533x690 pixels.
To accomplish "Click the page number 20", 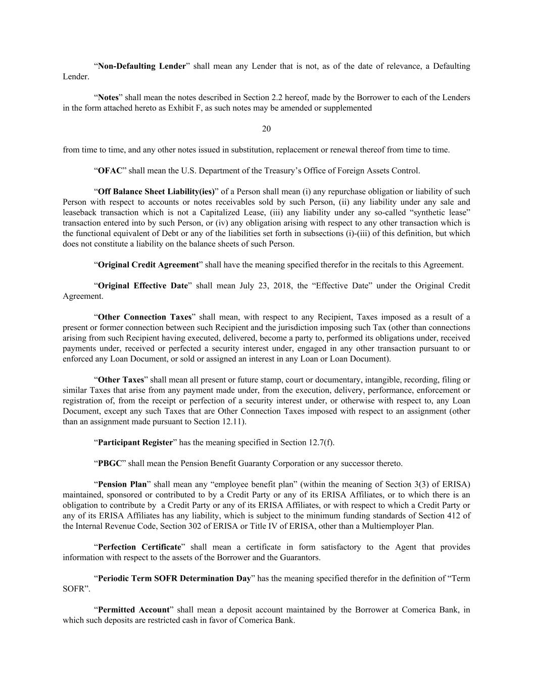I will [266, 129].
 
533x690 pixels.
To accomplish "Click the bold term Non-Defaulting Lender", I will [142, 66].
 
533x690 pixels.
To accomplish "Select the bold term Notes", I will [108, 98].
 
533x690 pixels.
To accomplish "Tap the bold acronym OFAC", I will [110, 171].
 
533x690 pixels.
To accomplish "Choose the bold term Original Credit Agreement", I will [148, 265].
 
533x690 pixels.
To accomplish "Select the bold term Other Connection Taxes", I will [144, 317].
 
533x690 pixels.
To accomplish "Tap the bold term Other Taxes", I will [121, 380].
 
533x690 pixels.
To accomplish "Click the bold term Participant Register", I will [135, 442].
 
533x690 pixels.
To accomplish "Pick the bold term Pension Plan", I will [122, 484].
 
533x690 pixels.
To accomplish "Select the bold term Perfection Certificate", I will [139, 547].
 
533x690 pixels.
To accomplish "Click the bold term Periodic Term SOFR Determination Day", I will [174, 578].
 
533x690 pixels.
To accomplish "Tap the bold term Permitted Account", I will [133, 610].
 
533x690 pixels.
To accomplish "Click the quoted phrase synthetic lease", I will [444, 212].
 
